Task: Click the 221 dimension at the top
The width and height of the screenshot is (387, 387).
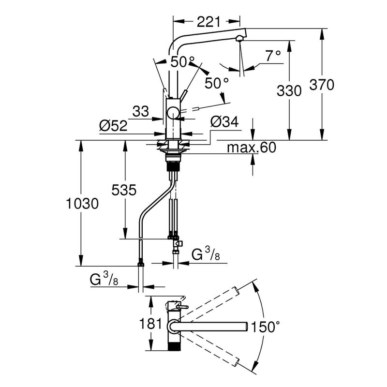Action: point(208,22)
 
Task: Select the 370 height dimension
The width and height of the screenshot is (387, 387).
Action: point(322,85)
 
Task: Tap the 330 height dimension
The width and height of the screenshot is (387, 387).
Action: point(289,90)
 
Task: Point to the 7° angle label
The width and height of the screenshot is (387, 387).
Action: point(273,56)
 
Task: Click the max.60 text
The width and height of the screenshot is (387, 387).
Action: point(252,148)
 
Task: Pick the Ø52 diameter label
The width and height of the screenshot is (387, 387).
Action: point(113,125)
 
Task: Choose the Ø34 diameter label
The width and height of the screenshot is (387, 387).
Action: point(224,122)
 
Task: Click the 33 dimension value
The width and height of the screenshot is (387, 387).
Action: point(141,111)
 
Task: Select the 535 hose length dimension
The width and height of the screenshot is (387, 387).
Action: point(124,190)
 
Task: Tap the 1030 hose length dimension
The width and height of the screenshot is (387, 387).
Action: point(82,204)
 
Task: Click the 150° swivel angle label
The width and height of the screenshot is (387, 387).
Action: point(266,327)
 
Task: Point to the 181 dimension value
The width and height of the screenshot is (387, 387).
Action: point(150,323)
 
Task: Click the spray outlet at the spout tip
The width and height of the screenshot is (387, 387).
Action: point(239,38)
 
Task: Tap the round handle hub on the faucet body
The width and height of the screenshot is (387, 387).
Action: point(174,113)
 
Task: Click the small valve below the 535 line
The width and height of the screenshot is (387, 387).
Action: point(178,244)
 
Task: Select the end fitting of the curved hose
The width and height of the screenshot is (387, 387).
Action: point(140,263)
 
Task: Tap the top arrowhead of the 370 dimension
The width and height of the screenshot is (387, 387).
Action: point(322,33)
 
